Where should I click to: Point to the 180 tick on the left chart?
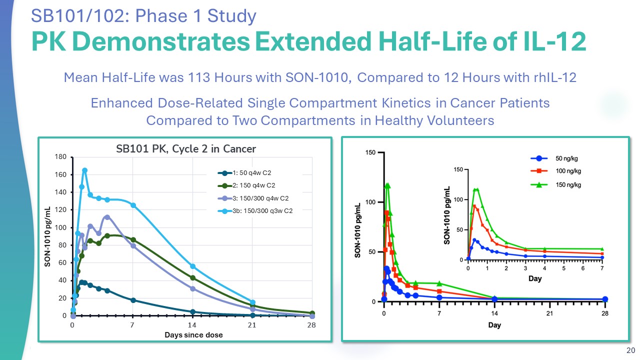pos(61,157)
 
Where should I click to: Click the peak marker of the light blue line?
pos(85,170)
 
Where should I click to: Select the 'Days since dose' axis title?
pos(193,334)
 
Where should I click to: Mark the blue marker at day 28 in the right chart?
pos(605,299)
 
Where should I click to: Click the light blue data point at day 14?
pos(192,266)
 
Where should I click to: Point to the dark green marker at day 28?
pos(312,313)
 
